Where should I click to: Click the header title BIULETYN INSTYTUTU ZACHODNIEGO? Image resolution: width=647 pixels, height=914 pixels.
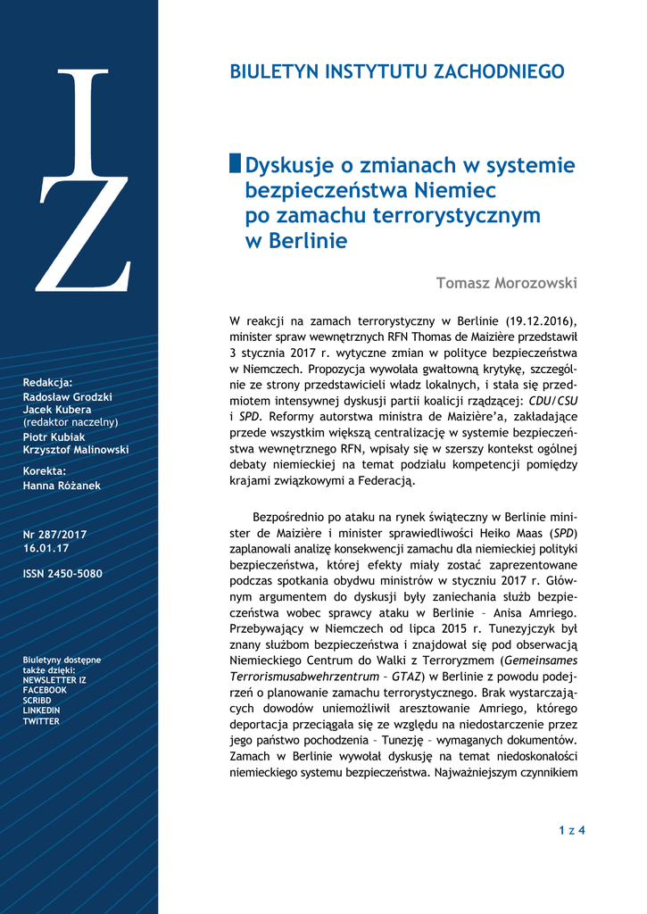click(397, 71)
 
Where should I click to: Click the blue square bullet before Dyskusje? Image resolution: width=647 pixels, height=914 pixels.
click(236, 163)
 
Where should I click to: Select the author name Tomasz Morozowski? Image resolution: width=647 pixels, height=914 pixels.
click(506, 283)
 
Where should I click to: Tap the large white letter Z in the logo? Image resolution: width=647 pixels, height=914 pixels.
click(84, 235)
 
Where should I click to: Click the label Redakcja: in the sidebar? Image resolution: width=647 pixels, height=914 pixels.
click(47, 382)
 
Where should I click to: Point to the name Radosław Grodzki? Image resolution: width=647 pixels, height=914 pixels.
click(67, 396)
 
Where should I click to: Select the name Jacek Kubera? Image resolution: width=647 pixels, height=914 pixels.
click(56, 409)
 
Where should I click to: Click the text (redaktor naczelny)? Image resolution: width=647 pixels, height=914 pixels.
click(71, 421)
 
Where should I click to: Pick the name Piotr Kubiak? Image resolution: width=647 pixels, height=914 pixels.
click(55, 436)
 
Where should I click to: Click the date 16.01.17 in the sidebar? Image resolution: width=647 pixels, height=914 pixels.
click(42, 548)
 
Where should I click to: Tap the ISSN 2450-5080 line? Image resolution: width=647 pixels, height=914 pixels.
click(62, 573)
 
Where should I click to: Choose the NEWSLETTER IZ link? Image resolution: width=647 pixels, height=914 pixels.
click(54, 680)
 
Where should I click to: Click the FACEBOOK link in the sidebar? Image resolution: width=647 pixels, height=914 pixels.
click(45, 690)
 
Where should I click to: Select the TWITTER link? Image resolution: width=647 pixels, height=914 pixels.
click(41, 720)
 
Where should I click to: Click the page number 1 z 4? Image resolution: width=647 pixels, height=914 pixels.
click(571, 831)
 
